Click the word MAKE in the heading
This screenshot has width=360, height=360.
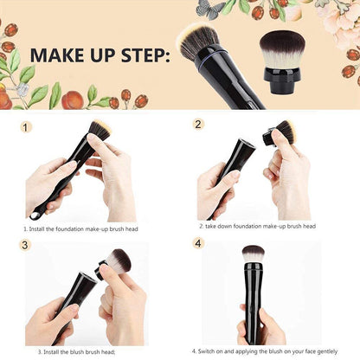pos(60,55)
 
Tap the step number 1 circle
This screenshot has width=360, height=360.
pos(26,126)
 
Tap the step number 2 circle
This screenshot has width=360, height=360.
pos(198,124)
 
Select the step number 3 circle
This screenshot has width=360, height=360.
pos(25,245)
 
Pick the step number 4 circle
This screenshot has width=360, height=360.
pos(197,242)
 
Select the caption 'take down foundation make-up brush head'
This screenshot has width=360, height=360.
pos(258,226)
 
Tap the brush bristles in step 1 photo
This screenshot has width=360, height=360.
pos(100,130)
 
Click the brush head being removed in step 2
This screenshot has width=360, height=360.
pos(280,133)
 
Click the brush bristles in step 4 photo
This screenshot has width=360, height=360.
pos(254,254)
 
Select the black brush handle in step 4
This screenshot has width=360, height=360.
pos(254,299)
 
